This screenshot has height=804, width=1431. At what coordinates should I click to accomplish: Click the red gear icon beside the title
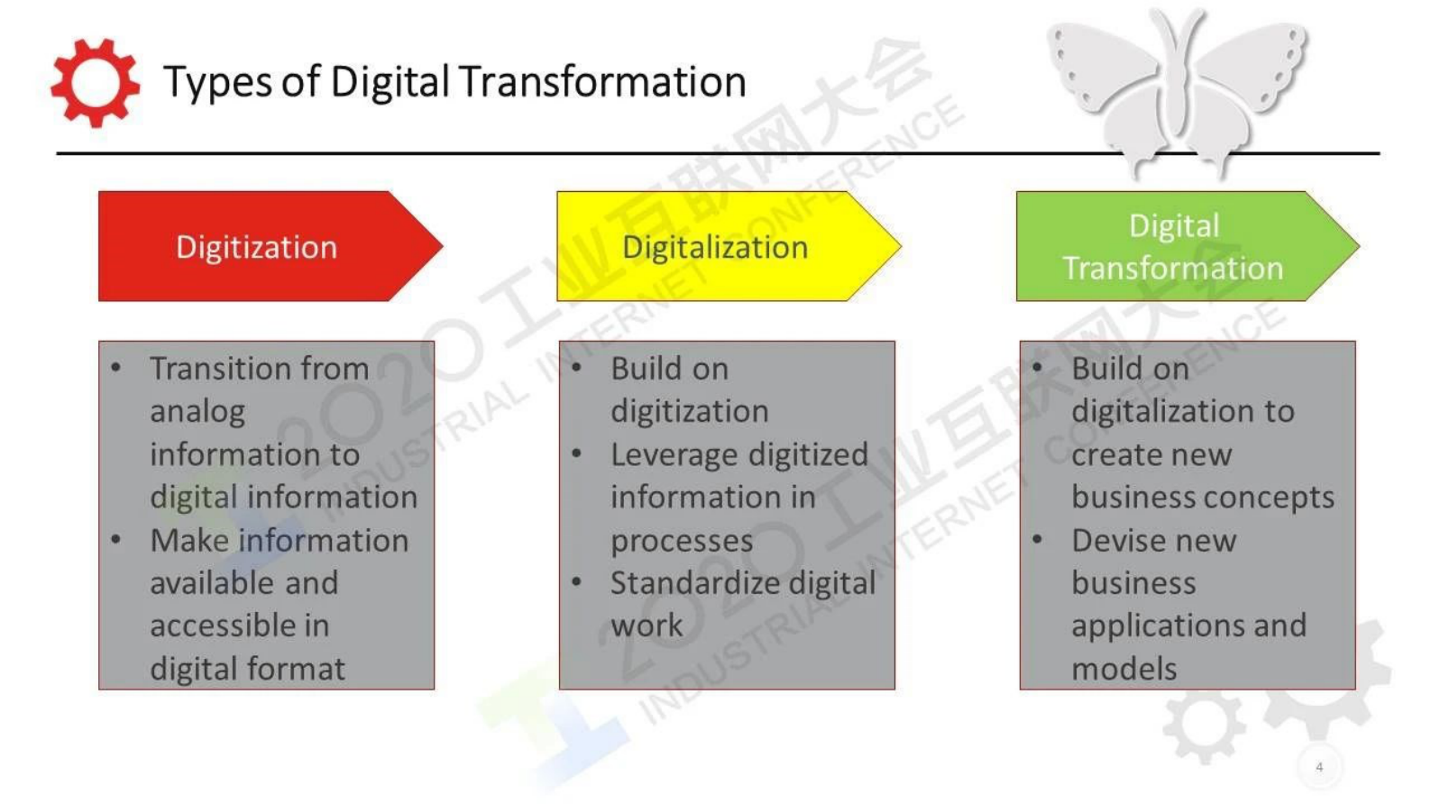click(x=96, y=83)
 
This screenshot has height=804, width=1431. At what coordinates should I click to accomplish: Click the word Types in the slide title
click(x=218, y=82)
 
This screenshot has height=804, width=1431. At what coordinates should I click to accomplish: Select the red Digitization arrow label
click(x=256, y=247)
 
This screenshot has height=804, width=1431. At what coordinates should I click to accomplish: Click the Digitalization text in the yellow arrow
click(x=715, y=248)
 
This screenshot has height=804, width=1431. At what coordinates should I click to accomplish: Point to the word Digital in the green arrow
click(x=1174, y=226)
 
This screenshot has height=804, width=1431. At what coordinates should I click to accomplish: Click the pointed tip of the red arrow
click(x=442, y=246)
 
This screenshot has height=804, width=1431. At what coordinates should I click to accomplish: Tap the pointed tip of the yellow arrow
click(x=900, y=246)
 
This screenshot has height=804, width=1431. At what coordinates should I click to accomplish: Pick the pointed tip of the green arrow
click(x=1359, y=246)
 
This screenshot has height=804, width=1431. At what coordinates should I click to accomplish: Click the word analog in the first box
click(x=197, y=412)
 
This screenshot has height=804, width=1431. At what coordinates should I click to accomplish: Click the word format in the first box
click(x=296, y=669)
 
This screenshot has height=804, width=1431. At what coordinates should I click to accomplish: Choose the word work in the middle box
click(x=647, y=626)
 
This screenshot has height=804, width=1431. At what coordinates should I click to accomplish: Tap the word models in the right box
click(x=1124, y=669)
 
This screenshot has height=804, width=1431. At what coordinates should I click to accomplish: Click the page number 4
click(x=1319, y=767)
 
